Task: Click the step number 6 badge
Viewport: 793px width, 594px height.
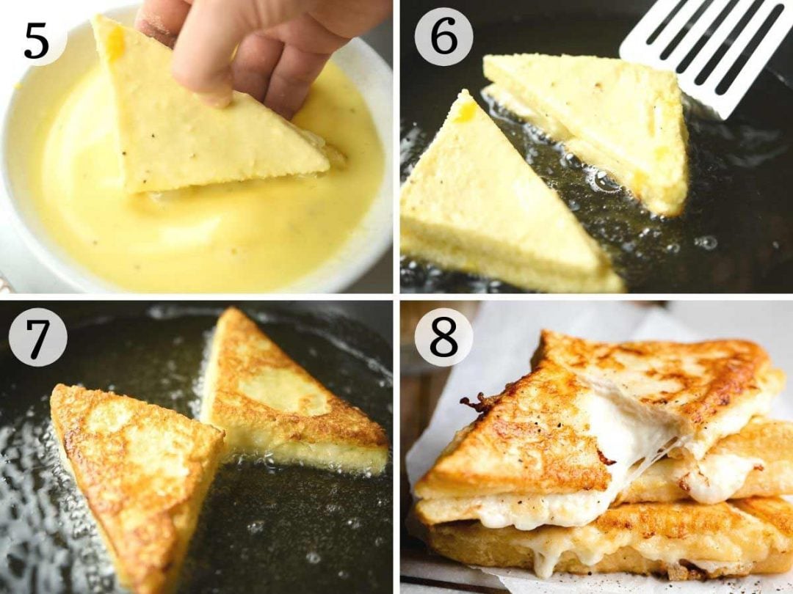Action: coord(443,37)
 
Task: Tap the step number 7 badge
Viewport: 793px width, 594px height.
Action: coord(37,337)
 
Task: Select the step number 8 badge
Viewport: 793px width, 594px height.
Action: coord(443,337)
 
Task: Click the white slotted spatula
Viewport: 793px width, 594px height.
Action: coord(705,51)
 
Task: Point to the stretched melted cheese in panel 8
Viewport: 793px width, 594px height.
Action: coord(631,433)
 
